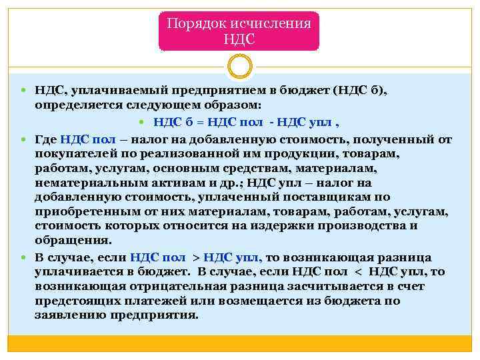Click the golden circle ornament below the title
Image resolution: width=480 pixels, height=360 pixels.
(239, 66)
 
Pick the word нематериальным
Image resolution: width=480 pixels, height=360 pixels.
(83, 183)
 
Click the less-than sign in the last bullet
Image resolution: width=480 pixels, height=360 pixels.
(354, 272)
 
